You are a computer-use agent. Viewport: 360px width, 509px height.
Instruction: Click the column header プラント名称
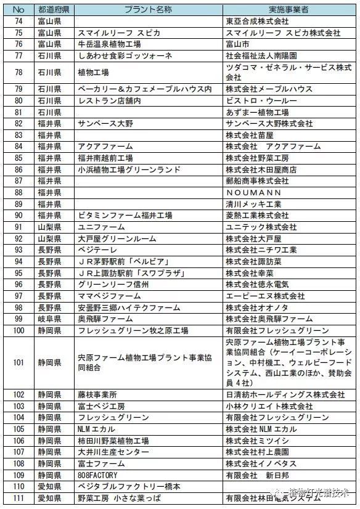click(x=149, y=9)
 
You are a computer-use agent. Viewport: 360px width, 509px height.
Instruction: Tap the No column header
click(x=19, y=9)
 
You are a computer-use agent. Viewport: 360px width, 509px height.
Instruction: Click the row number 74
click(x=19, y=20)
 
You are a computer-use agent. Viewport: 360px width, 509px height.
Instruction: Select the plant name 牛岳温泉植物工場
click(x=109, y=44)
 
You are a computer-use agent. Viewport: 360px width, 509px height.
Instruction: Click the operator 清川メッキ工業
click(x=253, y=203)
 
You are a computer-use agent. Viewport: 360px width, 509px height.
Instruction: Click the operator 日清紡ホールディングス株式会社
click(x=285, y=394)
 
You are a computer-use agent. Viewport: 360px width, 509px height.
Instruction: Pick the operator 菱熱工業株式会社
click(x=257, y=215)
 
